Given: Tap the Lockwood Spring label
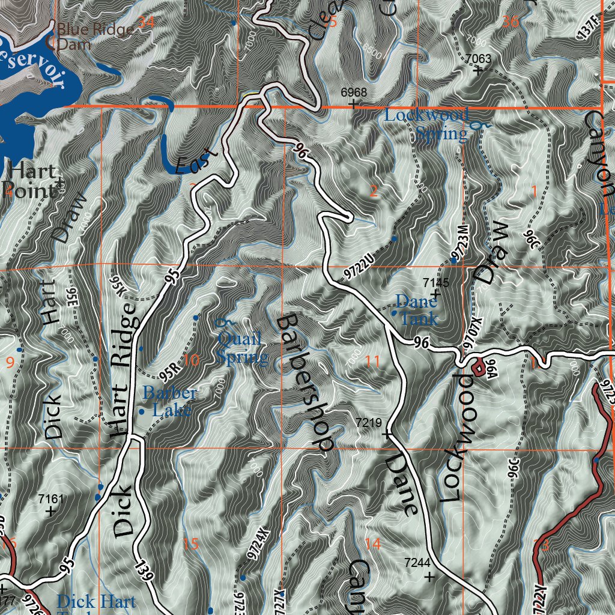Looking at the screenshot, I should tap(426, 124).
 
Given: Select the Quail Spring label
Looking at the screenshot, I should tap(241, 348).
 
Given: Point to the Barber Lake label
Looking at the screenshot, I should tap(169, 402).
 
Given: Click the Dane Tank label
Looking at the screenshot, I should tap(416, 309).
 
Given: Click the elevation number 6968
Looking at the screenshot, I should tap(353, 92).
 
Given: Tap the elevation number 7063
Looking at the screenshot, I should tap(479, 58).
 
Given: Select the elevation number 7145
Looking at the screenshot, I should tap(436, 282).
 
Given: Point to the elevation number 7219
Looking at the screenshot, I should tap(369, 423).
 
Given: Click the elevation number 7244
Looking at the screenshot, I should tap(417, 563).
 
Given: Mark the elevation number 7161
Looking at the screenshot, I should tap(50, 498).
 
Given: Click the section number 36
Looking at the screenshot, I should tap(510, 22).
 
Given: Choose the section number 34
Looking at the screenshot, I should tap(147, 23).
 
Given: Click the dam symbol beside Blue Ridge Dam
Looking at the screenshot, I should tap(51, 42).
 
